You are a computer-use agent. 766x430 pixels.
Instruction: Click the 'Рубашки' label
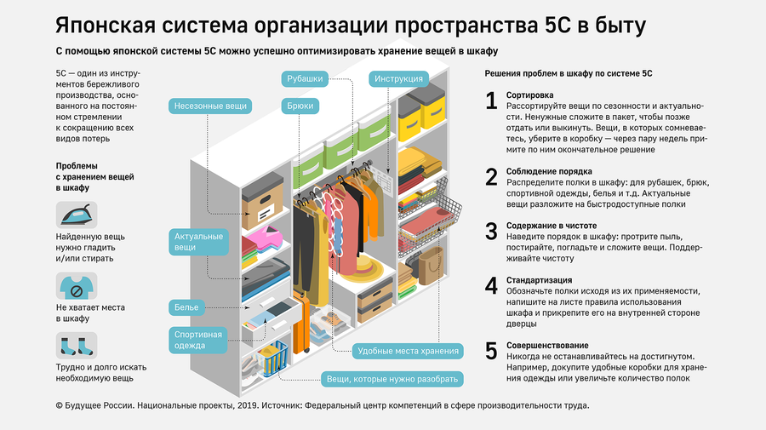pyautogui.click(x=304, y=79)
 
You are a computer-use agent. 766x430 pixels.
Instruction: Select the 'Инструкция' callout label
pyautogui.click(x=397, y=79)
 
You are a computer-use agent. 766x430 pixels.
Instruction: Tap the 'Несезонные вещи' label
pyautogui.click(x=211, y=106)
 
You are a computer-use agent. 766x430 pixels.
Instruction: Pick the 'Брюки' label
pyautogui.click(x=300, y=106)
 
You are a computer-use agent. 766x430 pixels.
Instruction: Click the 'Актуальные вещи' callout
pyautogui.click(x=199, y=241)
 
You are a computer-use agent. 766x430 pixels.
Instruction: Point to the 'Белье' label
pyautogui.click(x=187, y=306)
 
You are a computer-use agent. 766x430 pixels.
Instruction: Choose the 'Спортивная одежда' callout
pyautogui.click(x=198, y=340)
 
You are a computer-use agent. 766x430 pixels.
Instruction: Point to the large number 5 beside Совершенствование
pyautogui.click(x=491, y=350)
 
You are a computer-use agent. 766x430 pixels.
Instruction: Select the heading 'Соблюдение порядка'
pyautogui.click(x=549, y=171)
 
